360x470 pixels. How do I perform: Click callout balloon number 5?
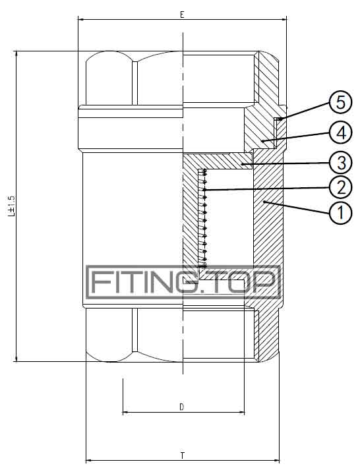pos(340,103)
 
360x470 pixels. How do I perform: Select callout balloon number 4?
pos(340,132)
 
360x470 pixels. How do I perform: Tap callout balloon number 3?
pos(340,163)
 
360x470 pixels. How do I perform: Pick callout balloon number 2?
pos(340,188)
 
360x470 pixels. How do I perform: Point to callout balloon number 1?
pos(340,213)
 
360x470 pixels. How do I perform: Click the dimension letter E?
pos(182,15)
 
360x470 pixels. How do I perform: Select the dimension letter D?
pos(182,407)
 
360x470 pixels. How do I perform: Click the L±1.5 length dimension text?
pos(11,206)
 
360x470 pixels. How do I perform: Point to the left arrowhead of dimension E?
pos(81,20)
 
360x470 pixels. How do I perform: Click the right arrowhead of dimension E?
pos(284,20)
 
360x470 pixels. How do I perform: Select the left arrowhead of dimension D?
pos(126,413)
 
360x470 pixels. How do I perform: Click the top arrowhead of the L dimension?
pos(16,55)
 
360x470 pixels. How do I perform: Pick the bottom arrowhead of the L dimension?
pos(16,358)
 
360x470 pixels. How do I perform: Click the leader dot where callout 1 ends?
pos(264,202)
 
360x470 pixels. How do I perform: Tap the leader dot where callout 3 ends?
pos(242,163)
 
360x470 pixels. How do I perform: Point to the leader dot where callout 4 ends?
pos(262,140)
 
